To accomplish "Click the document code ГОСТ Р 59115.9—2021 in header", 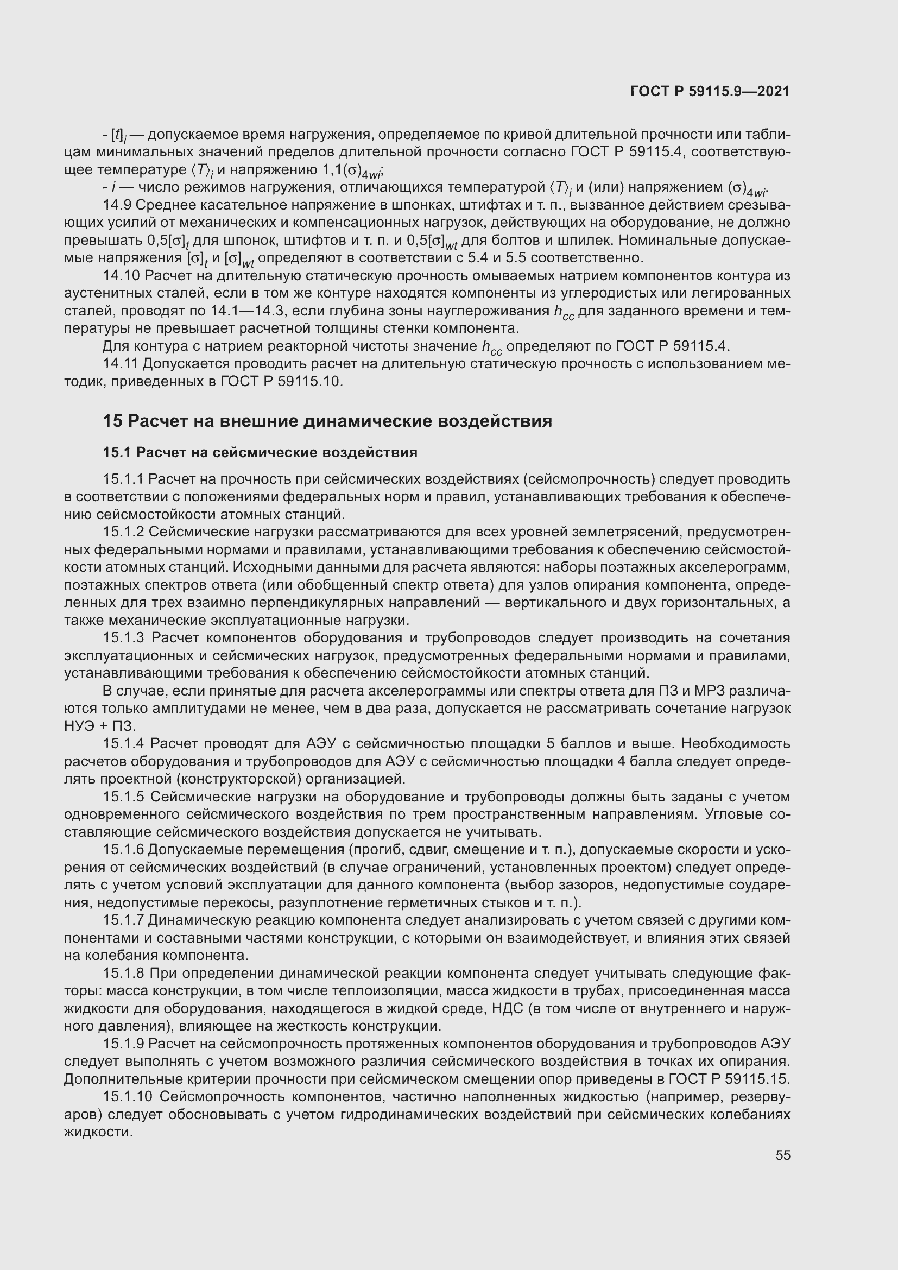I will [710, 92].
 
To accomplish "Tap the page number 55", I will [782, 1155].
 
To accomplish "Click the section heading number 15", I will [112, 421].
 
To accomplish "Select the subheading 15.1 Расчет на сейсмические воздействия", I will [260, 453].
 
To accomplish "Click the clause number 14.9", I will [117, 205].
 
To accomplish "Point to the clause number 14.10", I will [121, 275].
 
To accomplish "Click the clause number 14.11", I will [121, 364].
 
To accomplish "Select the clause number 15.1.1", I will [123, 479].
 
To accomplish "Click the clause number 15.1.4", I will [124, 744].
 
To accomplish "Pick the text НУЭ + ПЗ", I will [99, 726].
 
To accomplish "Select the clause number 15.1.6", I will [123, 850].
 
